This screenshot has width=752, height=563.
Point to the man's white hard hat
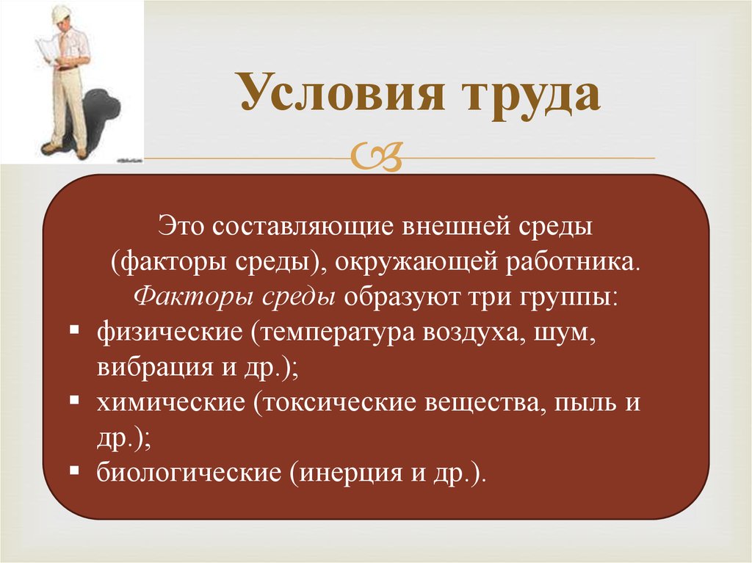coord(61,13)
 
